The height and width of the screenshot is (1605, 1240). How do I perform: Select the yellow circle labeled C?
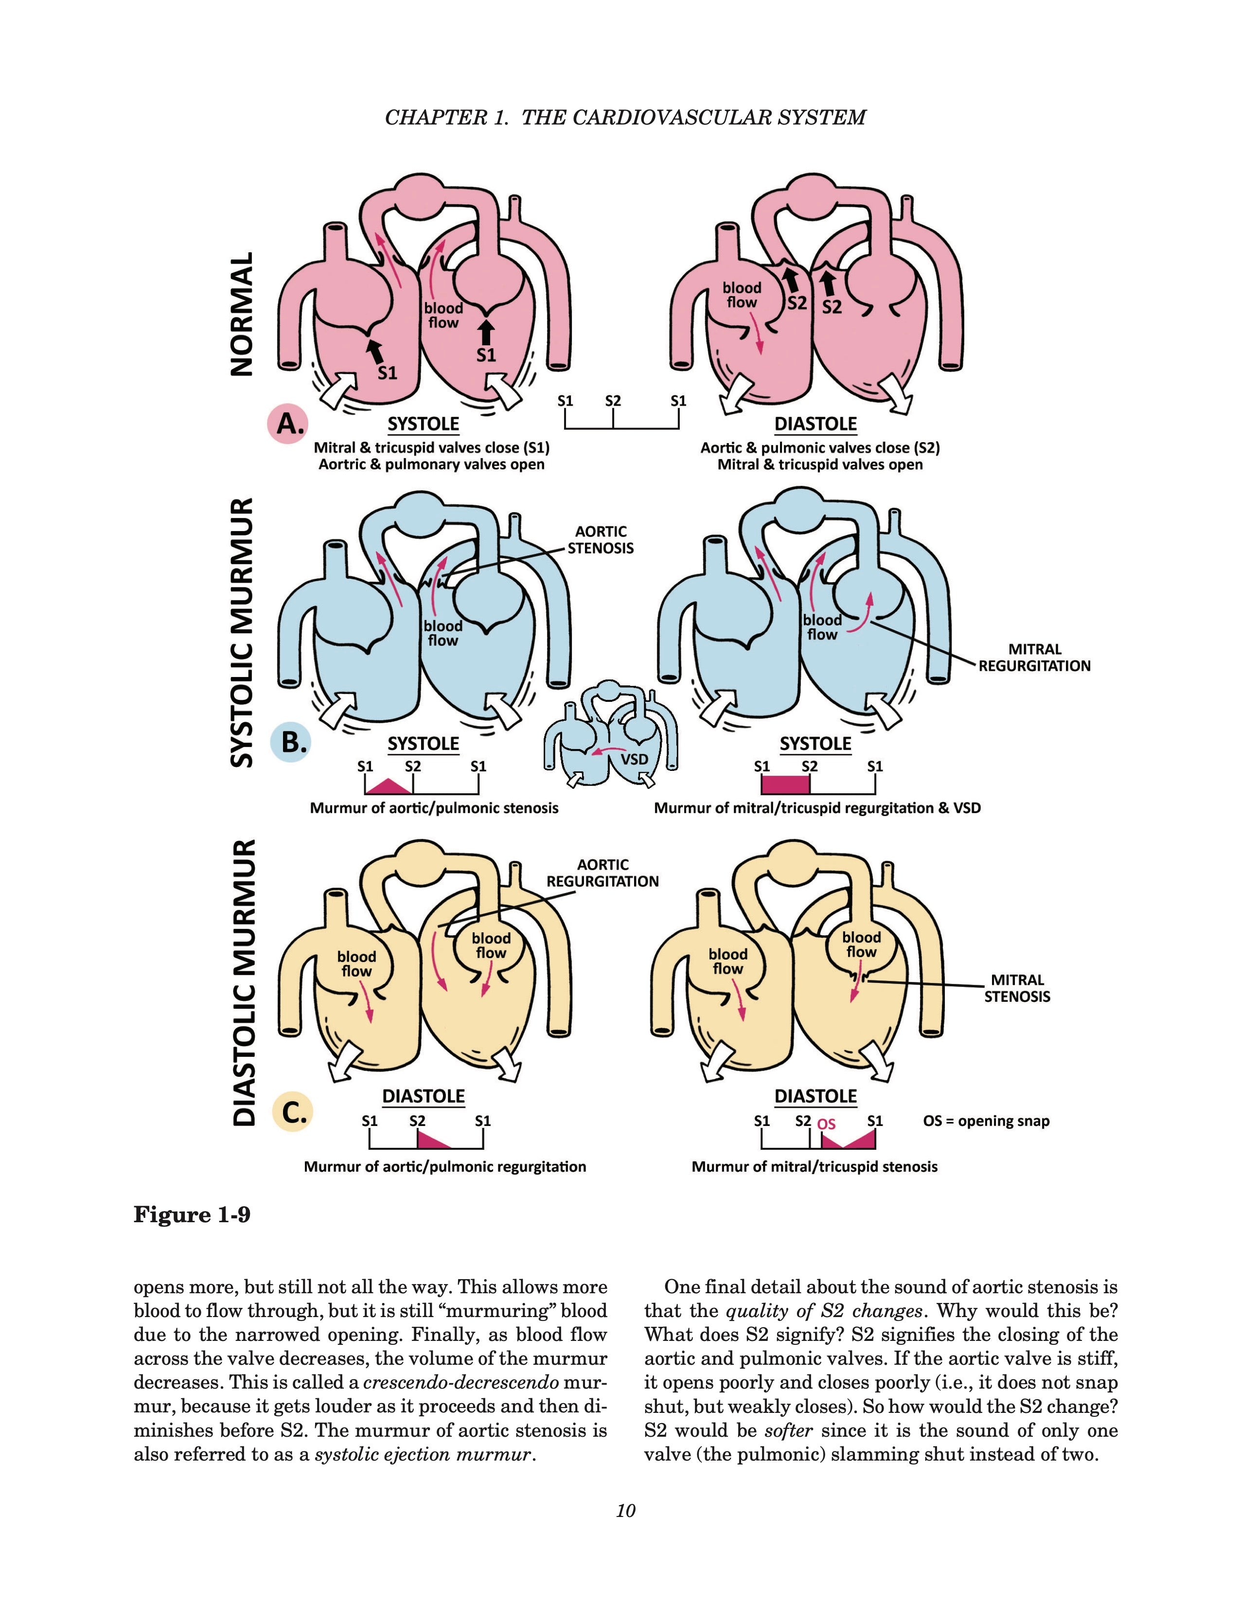coord(292,1113)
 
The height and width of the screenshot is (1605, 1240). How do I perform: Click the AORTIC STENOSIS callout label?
coord(600,539)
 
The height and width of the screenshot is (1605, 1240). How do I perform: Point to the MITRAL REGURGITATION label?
coord(1034,658)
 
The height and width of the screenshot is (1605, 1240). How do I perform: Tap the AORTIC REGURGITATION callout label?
coord(602,873)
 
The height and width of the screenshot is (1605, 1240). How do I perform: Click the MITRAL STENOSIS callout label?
coord(1017,988)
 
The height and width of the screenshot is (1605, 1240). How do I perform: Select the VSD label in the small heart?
coord(634,758)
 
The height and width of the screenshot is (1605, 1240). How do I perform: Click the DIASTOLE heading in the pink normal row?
coord(815,424)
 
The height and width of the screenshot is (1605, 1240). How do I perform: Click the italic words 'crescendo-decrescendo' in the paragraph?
coord(461,1382)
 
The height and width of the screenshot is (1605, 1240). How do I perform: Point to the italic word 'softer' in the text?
coord(787,1430)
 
